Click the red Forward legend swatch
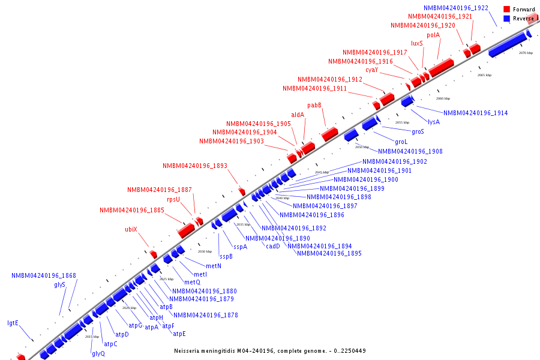507,9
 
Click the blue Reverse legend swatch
507,19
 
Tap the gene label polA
433,35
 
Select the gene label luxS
417,43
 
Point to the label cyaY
372,70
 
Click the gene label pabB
314,106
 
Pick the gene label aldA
298,115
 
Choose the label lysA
434,122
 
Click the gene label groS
418,131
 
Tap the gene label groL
401,142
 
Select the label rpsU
173,199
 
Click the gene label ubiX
131,229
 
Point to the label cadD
273,246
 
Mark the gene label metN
214,266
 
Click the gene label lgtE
13,323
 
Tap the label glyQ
98,353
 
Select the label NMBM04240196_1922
456,8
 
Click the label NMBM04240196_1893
195,166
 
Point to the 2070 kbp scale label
526,53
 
